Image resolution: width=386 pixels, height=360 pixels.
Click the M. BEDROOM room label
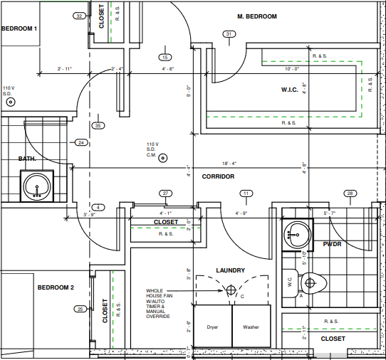click(x=257, y=16)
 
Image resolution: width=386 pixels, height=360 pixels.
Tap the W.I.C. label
click(x=290, y=90)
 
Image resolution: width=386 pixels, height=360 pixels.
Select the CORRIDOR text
click(x=218, y=176)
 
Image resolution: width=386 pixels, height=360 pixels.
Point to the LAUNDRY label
click(x=231, y=270)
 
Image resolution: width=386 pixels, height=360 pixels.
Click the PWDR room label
click(x=332, y=244)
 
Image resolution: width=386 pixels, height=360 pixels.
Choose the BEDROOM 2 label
click(x=56, y=287)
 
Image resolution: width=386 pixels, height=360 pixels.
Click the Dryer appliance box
click(x=213, y=326)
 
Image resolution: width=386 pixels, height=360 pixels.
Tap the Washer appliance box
click(x=251, y=326)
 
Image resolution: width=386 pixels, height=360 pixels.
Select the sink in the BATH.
click(x=37, y=186)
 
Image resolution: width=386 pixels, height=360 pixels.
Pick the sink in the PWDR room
click(x=298, y=235)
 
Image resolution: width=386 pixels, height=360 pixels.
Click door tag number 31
click(x=229, y=34)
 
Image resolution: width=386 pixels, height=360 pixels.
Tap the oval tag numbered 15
click(x=165, y=58)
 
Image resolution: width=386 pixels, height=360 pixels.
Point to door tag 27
click(x=166, y=194)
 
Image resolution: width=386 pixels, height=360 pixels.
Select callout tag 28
click(x=350, y=194)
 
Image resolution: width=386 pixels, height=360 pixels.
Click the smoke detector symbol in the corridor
click(x=162, y=158)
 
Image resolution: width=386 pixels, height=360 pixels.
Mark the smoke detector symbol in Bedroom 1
click(x=11, y=102)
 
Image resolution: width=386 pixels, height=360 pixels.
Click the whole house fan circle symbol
click(x=231, y=290)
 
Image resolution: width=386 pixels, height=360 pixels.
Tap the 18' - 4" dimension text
click(x=229, y=164)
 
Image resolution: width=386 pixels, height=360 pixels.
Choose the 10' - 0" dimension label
click(x=292, y=69)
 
